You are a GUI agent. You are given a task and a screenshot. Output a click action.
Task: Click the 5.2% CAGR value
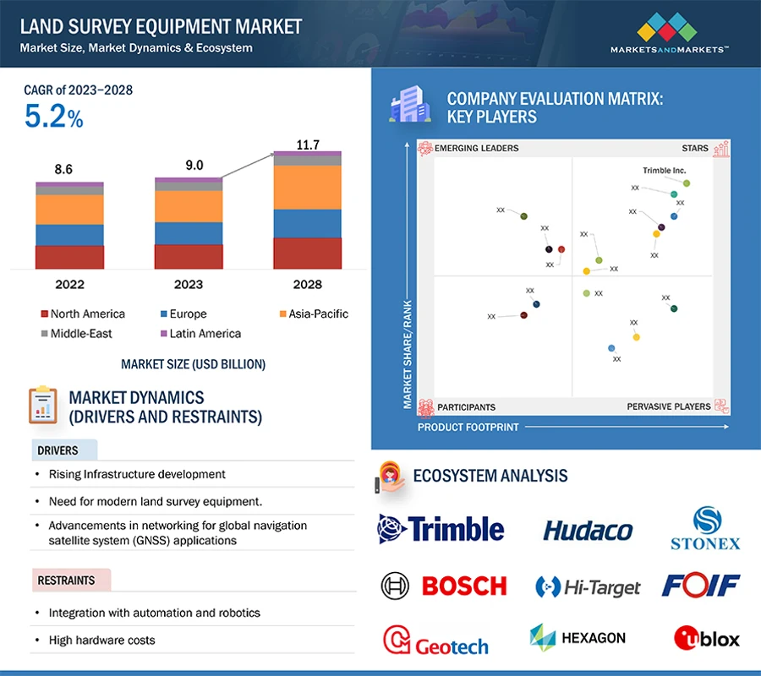(x=54, y=117)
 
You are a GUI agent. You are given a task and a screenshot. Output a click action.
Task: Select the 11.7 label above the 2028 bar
(x=308, y=145)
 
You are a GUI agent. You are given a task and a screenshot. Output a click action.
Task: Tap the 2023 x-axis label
(x=188, y=284)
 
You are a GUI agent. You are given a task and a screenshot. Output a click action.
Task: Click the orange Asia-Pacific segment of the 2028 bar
(x=308, y=187)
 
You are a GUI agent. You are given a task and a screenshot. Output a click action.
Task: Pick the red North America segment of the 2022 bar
(x=69, y=257)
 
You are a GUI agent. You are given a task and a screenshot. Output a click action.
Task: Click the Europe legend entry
(x=187, y=313)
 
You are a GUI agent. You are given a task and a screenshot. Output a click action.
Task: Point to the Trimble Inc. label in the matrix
(x=664, y=171)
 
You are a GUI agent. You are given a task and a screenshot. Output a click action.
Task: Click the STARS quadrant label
(x=695, y=149)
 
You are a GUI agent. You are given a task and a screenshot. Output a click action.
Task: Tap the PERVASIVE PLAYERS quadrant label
(x=668, y=406)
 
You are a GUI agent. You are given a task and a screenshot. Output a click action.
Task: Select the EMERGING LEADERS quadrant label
(x=476, y=149)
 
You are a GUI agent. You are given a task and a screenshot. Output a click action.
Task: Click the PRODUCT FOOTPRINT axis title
(x=468, y=428)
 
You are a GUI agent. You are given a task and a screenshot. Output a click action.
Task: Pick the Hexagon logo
(x=578, y=638)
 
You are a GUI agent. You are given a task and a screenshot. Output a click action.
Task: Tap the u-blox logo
(x=706, y=638)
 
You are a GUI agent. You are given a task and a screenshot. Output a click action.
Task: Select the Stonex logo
(x=705, y=529)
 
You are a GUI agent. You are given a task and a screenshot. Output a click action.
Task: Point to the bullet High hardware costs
(x=101, y=640)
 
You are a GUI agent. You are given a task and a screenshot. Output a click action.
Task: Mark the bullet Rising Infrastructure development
(x=137, y=474)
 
